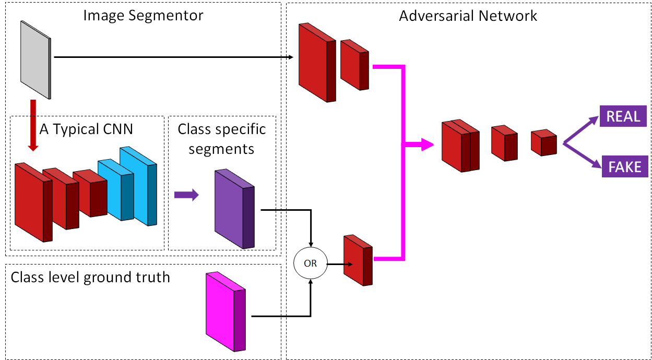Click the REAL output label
[623, 116]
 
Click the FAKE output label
[625, 167]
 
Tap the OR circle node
[310, 263]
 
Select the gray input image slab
[35, 58]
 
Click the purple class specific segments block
[234, 208]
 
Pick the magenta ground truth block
[225, 311]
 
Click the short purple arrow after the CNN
[186, 195]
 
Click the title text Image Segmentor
[143, 15]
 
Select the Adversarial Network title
[468, 16]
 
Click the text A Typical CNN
[86, 129]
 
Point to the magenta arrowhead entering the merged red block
[427, 145]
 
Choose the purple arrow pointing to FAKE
[582, 155]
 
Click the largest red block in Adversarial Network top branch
[316, 62]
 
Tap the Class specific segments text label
[221, 139]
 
